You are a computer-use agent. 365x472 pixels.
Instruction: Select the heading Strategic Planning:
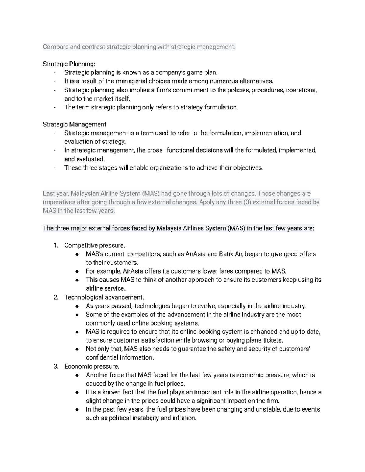click(x=69, y=64)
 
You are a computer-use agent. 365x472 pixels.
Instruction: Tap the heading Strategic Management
click(x=75, y=124)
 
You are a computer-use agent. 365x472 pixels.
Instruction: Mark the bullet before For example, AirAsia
click(x=78, y=271)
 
